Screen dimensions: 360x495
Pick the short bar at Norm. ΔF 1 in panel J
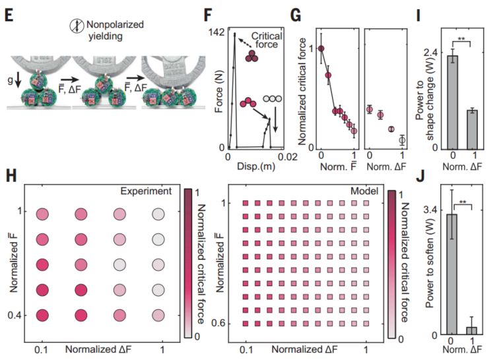pos(471,330)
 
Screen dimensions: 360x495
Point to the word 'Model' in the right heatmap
pos(363,191)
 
